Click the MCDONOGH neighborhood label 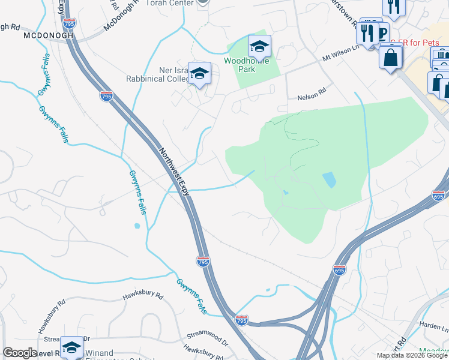48,35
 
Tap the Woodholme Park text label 247,65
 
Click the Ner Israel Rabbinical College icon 200,74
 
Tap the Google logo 20,353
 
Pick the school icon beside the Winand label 71,347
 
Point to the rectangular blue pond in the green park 329,179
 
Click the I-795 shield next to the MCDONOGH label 70,24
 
